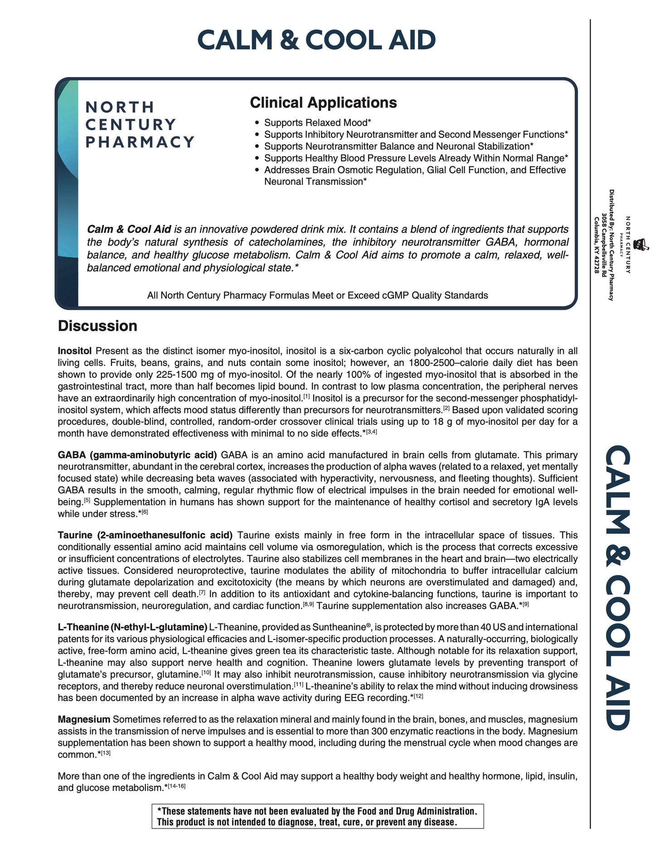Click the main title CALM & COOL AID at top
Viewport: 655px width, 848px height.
coord(316,40)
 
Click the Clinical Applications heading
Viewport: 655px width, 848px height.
coord(323,102)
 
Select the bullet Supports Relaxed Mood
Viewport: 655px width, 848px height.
coord(317,123)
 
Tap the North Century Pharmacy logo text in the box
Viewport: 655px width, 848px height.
coord(140,125)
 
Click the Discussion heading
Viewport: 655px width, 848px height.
coord(97,326)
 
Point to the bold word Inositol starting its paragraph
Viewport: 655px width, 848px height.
coord(75,351)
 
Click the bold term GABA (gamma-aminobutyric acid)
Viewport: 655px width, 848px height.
coord(137,455)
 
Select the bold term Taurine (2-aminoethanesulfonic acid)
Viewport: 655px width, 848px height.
coord(145,536)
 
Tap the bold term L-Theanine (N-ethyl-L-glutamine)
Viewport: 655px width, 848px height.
coord(132,627)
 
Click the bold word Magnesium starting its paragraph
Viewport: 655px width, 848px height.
coord(84,719)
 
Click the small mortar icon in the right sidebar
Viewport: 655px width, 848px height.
coord(640,245)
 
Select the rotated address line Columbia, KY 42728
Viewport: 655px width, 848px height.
coord(597,245)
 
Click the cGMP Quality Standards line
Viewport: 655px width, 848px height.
coord(317,296)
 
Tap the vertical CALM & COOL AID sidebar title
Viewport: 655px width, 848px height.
coord(618,587)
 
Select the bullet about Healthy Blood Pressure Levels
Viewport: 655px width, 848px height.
coord(416,158)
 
